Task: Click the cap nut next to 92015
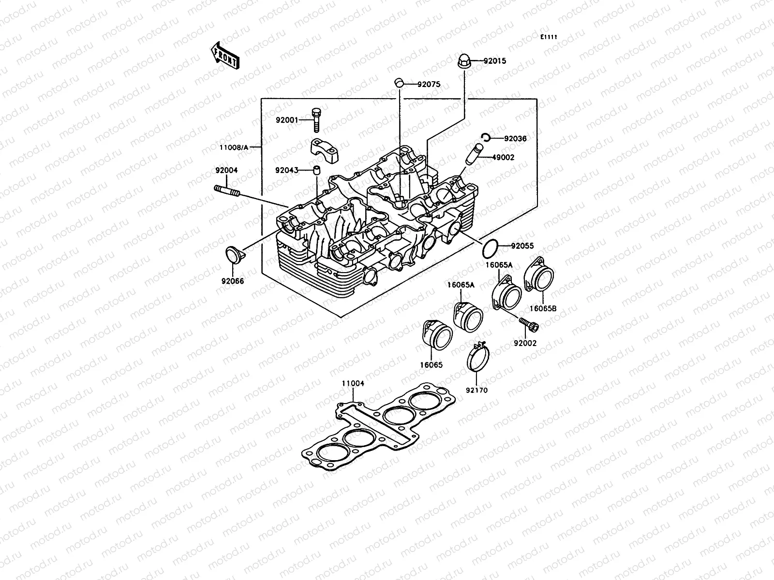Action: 464,62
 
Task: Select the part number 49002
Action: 503,157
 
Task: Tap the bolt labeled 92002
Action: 529,325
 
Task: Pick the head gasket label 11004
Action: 353,383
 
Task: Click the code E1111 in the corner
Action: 549,37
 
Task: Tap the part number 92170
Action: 477,390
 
